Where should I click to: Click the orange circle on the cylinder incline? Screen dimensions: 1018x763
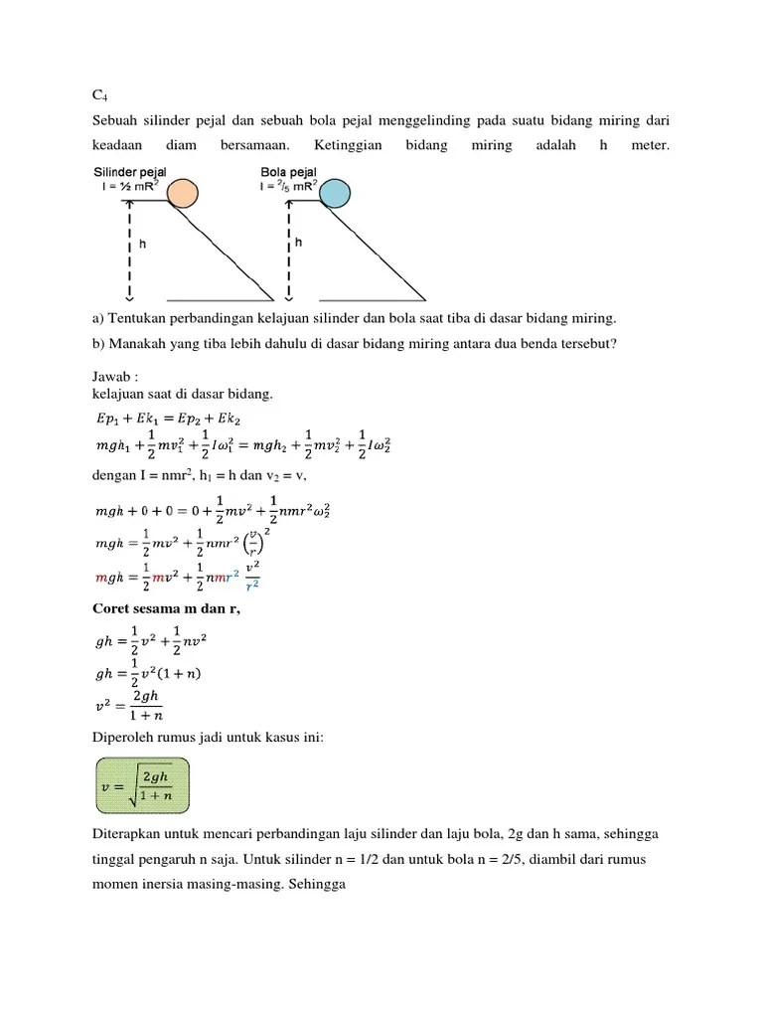182,193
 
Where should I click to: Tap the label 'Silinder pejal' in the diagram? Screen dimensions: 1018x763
130,172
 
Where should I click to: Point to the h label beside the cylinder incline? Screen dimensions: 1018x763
142,242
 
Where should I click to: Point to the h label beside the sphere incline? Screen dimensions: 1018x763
298,242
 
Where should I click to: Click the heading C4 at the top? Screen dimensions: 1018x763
99,95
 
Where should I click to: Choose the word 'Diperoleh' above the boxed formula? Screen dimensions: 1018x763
123,737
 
